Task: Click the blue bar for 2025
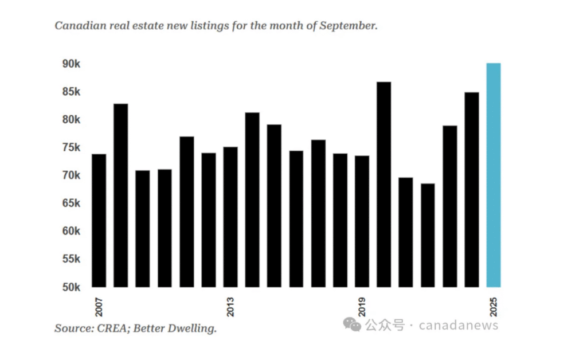pyautogui.click(x=494, y=175)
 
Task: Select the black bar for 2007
pyautogui.click(x=99, y=220)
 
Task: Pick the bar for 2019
pyautogui.click(x=362, y=221)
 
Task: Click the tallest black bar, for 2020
pyautogui.click(x=384, y=184)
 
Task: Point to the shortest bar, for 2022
pyautogui.click(x=428, y=235)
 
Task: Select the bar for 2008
pyautogui.click(x=121, y=195)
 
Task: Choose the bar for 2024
pyautogui.click(x=472, y=189)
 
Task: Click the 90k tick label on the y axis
pyautogui.click(x=71, y=64)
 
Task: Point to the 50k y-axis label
pyautogui.click(x=71, y=287)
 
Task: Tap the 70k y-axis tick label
pyautogui.click(x=71, y=175)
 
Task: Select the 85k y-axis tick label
pyautogui.click(x=71, y=92)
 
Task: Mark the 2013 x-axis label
pyautogui.click(x=230, y=307)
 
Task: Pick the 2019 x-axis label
pyautogui.click(x=362, y=307)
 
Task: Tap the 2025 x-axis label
pyautogui.click(x=494, y=307)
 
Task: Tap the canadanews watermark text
pyautogui.click(x=458, y=326)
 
